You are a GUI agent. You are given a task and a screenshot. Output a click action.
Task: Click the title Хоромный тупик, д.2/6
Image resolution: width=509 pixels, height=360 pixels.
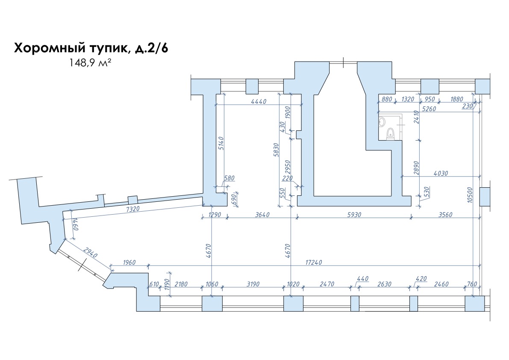point(91,48)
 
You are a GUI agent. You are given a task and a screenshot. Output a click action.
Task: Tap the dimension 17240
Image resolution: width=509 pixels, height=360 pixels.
point(314,262)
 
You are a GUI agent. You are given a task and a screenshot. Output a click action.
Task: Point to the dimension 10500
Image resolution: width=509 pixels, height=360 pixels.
point(470,195)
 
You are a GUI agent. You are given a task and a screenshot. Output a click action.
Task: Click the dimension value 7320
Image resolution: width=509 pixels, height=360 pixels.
point(132,210)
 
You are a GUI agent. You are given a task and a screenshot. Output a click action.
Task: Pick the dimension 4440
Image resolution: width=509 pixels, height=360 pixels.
point(259,102)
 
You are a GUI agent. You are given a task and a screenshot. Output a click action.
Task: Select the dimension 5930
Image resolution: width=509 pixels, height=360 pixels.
point(354,215)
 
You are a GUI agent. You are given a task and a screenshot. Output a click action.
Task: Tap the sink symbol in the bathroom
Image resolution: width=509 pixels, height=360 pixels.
point(382,122)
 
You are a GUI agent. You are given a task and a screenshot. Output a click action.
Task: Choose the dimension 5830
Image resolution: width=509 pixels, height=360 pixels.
point(276,150)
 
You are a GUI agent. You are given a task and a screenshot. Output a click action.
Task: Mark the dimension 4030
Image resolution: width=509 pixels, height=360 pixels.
point(441,173)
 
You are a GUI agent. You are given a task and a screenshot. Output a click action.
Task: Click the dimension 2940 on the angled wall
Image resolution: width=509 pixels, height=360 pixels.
point(90,252)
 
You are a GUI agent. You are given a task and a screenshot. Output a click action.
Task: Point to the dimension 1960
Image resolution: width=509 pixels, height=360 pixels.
point(129,262)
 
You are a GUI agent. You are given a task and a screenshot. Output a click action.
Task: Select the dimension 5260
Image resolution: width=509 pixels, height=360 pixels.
point(429,109)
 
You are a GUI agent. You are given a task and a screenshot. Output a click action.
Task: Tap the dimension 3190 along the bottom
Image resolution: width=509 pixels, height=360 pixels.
point(253,284)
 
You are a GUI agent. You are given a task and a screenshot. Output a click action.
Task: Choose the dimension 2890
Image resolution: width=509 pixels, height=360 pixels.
point(417,168)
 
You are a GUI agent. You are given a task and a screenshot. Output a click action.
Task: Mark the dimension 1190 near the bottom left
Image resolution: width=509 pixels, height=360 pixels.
point(168,283)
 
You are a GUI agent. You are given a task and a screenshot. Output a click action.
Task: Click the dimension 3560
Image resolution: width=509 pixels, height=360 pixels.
point(445,215)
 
